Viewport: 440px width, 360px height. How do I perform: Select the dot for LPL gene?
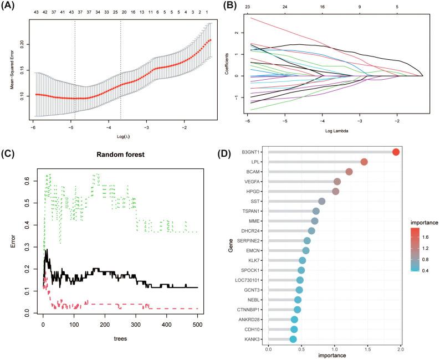pyautogui.click(x=364, y=162)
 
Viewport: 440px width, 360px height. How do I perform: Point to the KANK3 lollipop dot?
pyautogui.click(x=293, y=339)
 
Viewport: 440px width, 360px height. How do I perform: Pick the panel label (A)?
pyautogui.click(x=11, y=6)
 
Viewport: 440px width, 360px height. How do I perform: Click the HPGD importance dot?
pyautogui.click(x=335, y=192)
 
